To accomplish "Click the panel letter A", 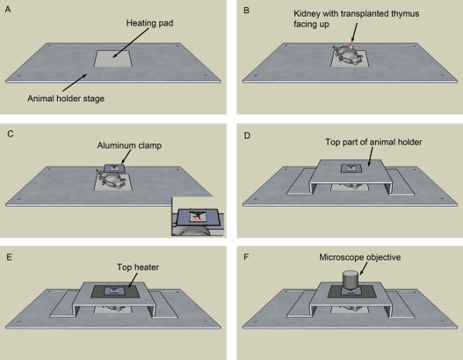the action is pyautogui.click(x=7, y=10).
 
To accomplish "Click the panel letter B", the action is pyautogui.click(x=246, y=10).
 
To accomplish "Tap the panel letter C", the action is pyautogui.click(x=7, y=133).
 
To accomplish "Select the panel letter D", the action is pyautogui.click(x=246, y=133).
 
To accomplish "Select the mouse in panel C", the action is pyautogui.click(x=113, y=181).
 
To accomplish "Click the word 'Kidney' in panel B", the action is pyautogui.click(x=309, y=15).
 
